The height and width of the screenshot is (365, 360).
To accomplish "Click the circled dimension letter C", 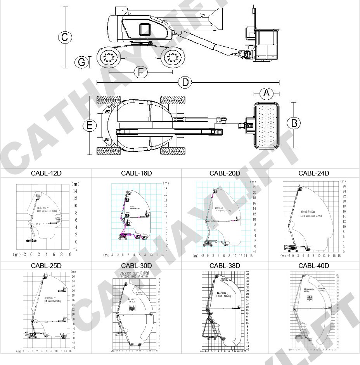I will coord(65,37).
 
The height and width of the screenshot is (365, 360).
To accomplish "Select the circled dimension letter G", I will coord(81,62).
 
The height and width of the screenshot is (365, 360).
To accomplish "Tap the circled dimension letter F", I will coord(140,72).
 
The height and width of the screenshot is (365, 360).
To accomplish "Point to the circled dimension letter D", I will coord(185,82).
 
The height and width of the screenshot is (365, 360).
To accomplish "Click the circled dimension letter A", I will coord(266,93).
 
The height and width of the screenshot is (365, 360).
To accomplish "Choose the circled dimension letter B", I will coord(294,123).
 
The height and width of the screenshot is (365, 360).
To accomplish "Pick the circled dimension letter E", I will coord(90,125).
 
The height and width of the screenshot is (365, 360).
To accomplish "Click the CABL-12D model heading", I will coord(46,173).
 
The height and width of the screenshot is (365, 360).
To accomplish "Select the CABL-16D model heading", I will coord(136,173).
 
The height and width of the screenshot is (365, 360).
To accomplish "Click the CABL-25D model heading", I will coord(46,266).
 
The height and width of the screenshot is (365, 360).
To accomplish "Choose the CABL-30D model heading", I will coord(136,266).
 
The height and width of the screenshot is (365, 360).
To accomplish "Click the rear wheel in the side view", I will coord(109,58).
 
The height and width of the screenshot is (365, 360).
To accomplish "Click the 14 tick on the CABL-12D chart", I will coord(75,191).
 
